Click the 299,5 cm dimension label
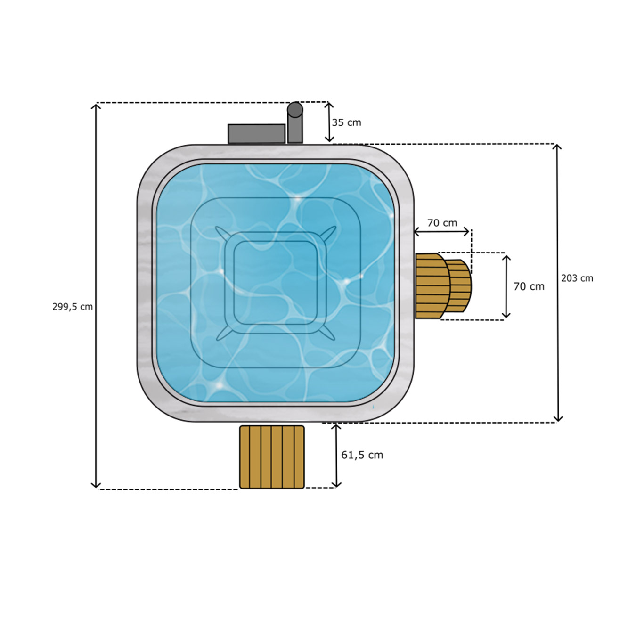tap(72, 307)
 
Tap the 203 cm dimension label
tap(577, 278)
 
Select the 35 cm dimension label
tap(346, 122)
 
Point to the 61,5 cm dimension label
tap(362, 455)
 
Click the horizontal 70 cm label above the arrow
tap(442, 223)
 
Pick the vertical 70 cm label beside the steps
tap(529, 286)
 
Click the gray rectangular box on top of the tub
tap(256, 134)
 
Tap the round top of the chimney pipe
tap(295, 109)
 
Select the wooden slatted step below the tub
tap(272, 457)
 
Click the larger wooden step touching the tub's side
tap(432, 286)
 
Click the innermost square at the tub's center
tap(276, 283)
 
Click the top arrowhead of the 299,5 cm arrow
tap(96, 106)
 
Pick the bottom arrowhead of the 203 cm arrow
tap(558, 419)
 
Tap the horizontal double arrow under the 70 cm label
tap(441, 232)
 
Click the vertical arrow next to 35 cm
tap(329, 122)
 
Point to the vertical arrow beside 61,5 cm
tap(336, 456)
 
